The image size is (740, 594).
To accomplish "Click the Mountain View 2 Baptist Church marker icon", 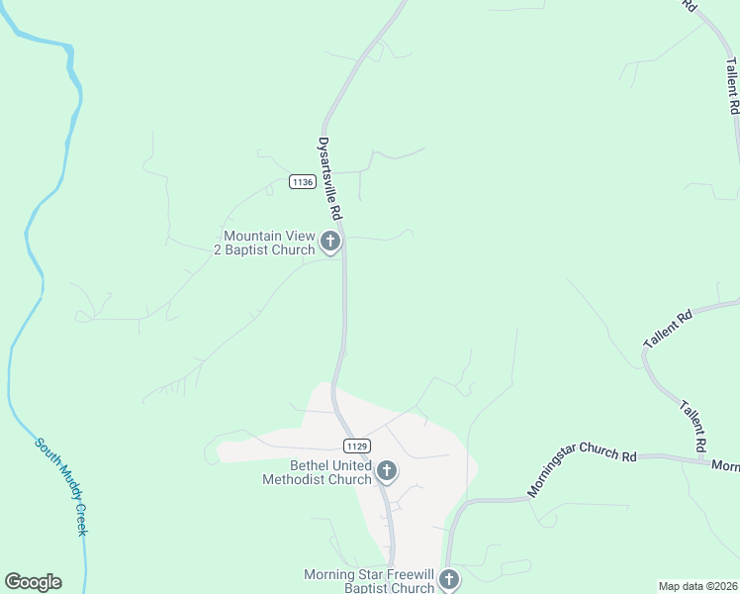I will point(330,242).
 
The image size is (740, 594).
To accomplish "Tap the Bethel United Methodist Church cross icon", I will point(387,471).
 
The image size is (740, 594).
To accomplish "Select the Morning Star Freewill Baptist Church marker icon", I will point(449,580).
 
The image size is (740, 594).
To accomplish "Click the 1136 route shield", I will point(303,181).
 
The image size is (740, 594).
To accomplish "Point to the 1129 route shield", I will point(357,446).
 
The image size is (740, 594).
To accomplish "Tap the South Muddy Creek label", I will point(62,486).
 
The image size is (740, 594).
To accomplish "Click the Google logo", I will point(33,582).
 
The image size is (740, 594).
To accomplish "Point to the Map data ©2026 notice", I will point(697,586).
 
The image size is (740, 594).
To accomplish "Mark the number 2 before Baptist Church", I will point(218,249).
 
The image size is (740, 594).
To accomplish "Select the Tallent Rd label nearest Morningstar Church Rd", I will point(694,424).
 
